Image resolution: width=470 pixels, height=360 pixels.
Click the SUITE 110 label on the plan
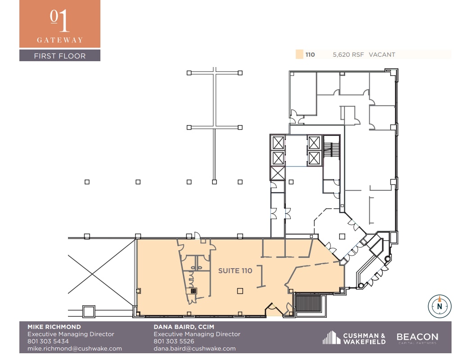pyautogui.click(x=235, y=271)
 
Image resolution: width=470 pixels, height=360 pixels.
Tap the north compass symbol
pyautogui.click(x=439, y=306)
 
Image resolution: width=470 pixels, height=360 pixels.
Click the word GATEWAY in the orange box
pyautogui.click(x=60, y=40)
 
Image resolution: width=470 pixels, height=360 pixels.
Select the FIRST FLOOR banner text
pyautogui.click(x=60, y=56)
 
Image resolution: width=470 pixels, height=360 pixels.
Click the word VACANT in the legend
pyautogui.click(x=382, y=55)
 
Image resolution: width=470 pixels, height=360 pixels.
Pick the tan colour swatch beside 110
pyautogui.click(x=299, y=55)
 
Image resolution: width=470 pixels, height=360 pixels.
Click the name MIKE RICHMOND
pyautogui.click(x=54, y=327)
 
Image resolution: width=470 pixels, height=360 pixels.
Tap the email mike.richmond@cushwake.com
pyautogui.click(x=75, y=348)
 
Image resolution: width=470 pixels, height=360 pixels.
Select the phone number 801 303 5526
pyautogui.click(x=174, y=341)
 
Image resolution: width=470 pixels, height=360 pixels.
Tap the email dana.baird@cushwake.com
pyautogui.click(x=194, y=348)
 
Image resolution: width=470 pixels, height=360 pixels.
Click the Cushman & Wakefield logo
pyautogui.click(x=354, y=338)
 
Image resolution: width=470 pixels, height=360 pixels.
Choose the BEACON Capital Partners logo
pyautogui.click(x=417, y=338)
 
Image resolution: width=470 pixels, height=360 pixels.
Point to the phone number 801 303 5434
pyautogui.click(x=48, y=341)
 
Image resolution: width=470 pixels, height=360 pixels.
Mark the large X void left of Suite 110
pyautogui.click(x=102, y=274)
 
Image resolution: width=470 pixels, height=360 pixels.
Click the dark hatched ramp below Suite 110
pyautogui.click(x=309, y=304)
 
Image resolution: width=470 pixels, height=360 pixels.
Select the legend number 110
pyautogui.click(x=310, y=55)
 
